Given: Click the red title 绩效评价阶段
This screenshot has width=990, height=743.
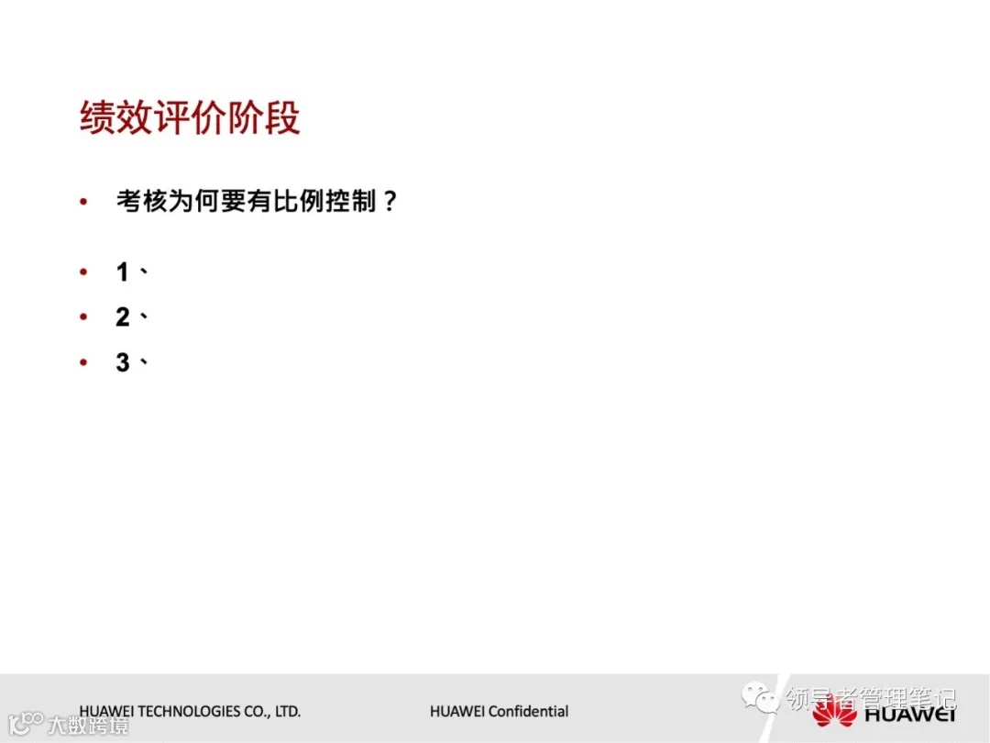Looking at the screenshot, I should pos(190,119).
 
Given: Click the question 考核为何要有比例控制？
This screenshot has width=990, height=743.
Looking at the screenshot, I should pos(257,201).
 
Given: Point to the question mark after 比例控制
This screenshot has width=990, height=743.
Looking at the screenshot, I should pos(389,201).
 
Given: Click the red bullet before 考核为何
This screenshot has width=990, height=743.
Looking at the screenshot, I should pos(84,202).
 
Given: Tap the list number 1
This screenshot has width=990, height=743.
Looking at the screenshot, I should pos(123,272).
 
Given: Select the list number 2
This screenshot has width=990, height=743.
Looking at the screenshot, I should pos(123,317).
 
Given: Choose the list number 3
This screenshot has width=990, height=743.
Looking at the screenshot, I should pos(123,362).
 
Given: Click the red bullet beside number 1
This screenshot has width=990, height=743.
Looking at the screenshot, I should pos(84,272).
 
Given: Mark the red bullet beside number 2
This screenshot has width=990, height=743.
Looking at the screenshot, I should pos(84,317).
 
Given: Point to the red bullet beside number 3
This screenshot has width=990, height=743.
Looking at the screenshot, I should pos(84,362).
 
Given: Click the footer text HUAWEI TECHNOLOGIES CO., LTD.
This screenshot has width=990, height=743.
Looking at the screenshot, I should pos(190,712).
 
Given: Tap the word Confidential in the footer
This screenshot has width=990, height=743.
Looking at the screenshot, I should pos(528,712).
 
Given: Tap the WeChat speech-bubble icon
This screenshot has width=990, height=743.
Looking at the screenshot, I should pos(761,700).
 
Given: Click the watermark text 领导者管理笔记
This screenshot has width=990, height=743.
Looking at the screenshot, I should pos(871,700).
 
